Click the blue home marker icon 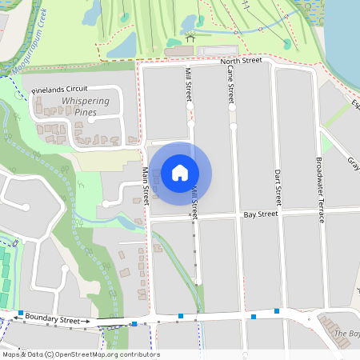pos(180,172)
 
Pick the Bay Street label pos(260,214)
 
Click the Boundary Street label pos(52,318)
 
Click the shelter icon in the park pos(190,37)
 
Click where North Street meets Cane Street pos(230,61)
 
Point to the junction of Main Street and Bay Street pos(148,217)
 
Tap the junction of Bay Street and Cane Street pos(236,215)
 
